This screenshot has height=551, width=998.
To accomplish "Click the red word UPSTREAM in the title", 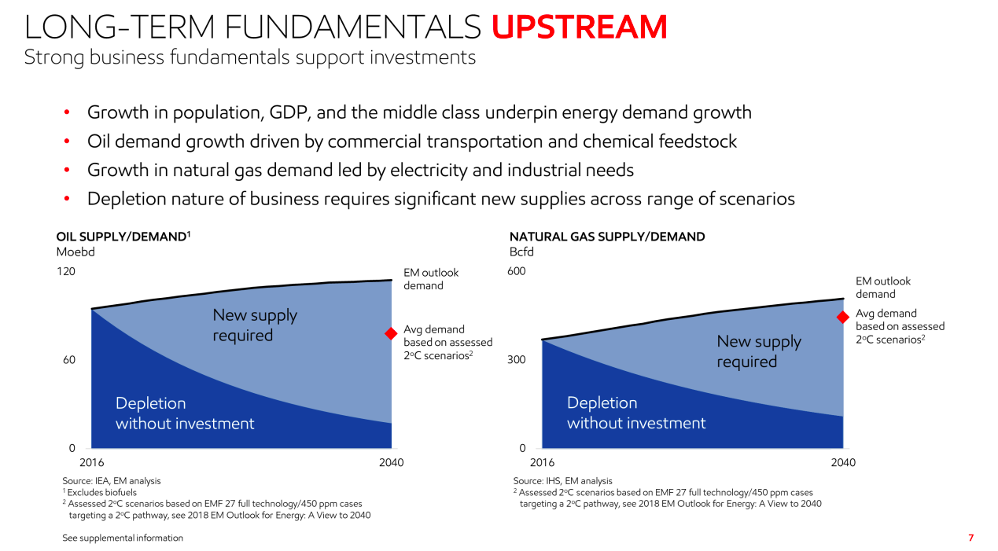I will (579, 28).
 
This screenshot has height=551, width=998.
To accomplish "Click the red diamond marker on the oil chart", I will (390, 333).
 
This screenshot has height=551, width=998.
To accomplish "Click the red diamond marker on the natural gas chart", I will (842, 317).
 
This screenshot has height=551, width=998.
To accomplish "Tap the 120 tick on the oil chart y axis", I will (66, 272).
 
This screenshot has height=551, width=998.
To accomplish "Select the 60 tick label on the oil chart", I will (68, 360).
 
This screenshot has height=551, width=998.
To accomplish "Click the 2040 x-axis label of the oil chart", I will (391, 463).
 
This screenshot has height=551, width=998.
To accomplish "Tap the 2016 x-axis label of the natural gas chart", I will (542, 463).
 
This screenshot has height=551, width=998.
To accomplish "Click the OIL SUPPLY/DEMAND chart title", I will (123, 237).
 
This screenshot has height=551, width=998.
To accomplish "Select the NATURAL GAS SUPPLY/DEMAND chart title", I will (607, 237).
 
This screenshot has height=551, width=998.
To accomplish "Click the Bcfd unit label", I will (521, 252).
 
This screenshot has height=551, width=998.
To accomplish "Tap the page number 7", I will (970, 538).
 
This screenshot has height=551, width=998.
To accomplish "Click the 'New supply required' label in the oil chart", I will (255, 325).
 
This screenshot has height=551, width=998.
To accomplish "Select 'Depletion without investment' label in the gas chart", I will (635, 413).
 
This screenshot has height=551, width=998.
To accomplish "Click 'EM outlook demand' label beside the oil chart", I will (430, 279).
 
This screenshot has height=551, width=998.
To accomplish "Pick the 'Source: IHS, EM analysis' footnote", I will (562, 481).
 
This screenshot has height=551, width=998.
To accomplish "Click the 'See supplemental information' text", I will (123, 538).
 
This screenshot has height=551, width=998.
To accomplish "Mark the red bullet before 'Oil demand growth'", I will (68, 142).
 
